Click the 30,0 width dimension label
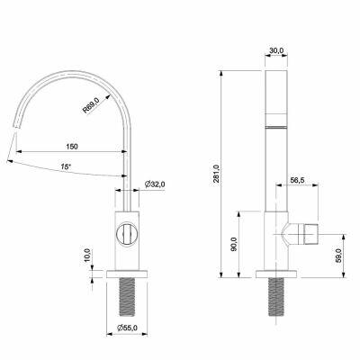point(276,50)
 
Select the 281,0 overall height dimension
point(217,175)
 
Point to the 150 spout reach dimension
point(72,147)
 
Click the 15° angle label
point(66,166)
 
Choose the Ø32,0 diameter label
point(155,184)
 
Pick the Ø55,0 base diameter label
point(127,328)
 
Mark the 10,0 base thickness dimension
point(87,256)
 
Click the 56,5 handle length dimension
point(297,180)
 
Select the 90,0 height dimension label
point(234,244)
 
